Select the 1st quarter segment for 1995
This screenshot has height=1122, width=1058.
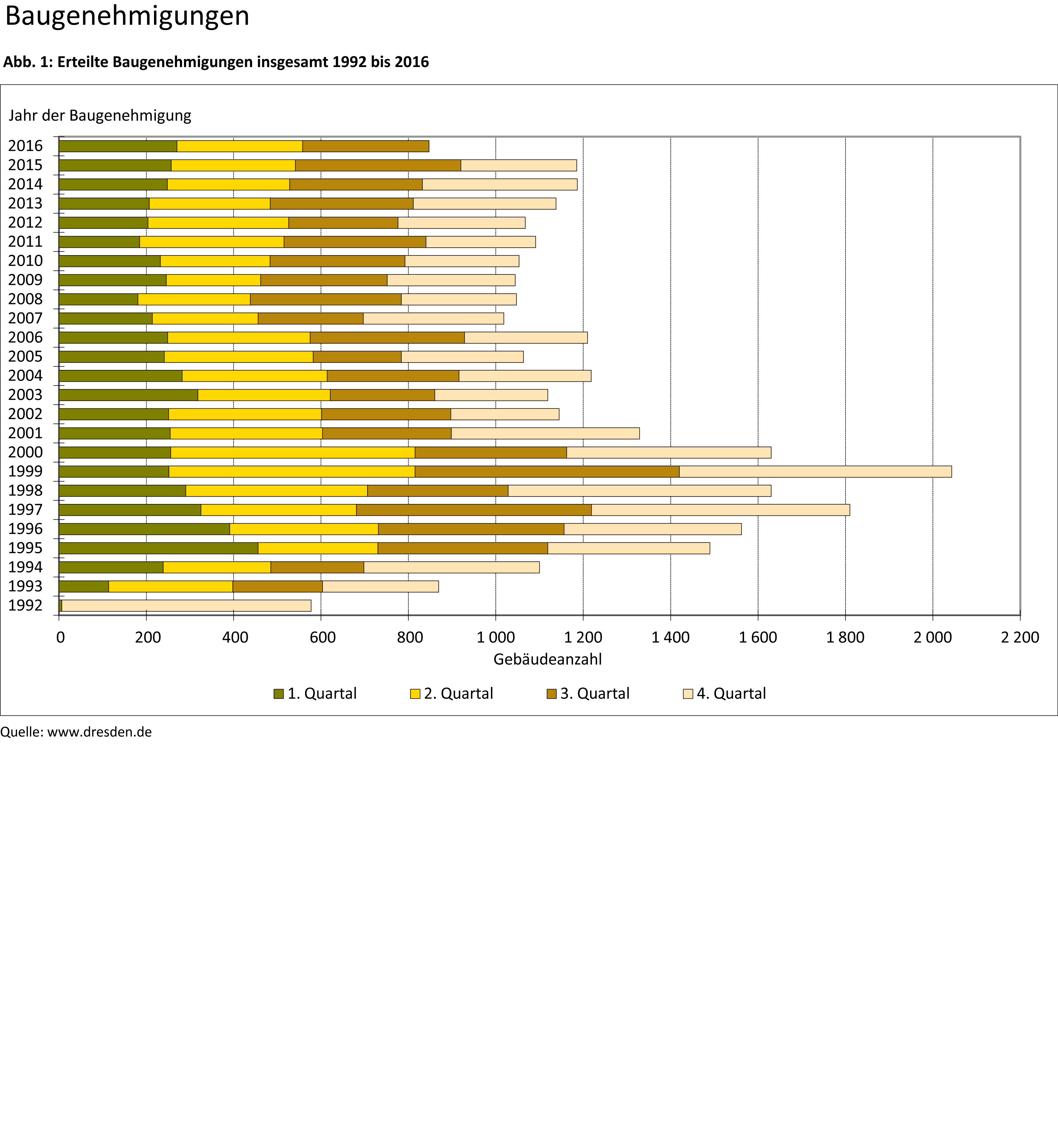[158, 548]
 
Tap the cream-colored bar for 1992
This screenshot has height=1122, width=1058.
[186, 605]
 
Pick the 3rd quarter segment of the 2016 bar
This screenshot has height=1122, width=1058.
[366, 146]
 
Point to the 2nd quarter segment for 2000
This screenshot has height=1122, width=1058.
[292, 452]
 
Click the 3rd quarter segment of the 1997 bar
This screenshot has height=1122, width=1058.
[473, 510]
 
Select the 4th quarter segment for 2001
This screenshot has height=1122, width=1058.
[545, 433]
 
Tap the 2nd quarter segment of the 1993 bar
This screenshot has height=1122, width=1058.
[170, 587]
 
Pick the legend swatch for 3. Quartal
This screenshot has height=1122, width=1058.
[551, 694]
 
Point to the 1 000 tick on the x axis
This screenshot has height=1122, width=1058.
[495, 637]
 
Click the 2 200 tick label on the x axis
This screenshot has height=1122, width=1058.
[1020, 637]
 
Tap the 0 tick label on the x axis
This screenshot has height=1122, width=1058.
[60, 637]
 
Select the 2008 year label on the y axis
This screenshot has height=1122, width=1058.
[26, 299]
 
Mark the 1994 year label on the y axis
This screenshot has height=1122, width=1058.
[26, 567]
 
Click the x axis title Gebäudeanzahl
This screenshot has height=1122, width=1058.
[548, 659]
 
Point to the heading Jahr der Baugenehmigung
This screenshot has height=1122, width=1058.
[100, 116]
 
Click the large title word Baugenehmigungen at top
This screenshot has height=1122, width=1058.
[127, 16]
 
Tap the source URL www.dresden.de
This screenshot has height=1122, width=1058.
[99, 732]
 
